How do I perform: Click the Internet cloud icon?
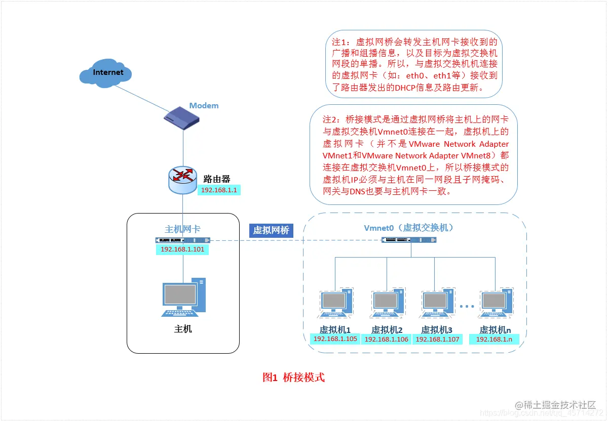pos(105,73)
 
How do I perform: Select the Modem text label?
pos(204,106)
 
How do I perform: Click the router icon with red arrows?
pos(182,179)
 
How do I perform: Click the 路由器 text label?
pos(217,179)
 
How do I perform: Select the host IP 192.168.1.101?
pos(182,249)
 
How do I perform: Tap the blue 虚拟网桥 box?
pos(271,230)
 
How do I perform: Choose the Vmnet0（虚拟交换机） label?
pos(409,228)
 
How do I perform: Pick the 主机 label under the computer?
pos(183,329)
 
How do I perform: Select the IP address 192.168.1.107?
pos(437,340)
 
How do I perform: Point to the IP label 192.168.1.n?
pos(494,339)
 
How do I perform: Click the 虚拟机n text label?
pos(496,329)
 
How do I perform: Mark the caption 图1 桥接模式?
pos(293,377)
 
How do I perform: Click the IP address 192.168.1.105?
pos(335,339)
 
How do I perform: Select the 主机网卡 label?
pos(183,229)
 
